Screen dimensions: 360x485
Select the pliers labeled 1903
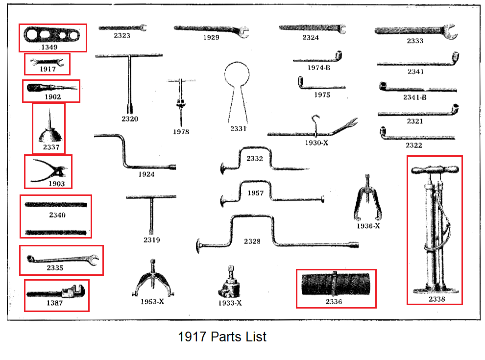click(49, 171)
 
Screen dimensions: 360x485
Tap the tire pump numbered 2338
click(435, 230)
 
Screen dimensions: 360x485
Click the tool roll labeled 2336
click(336, 285)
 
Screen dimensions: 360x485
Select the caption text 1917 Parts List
click(222, 337)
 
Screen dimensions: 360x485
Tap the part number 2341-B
click(414, 97)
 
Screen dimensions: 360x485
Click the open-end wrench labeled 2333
click(415, 31)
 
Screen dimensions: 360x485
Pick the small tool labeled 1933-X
click(229, 284)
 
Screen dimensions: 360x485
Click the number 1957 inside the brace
click(255, 193)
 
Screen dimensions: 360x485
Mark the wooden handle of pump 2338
click(435, 170)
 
